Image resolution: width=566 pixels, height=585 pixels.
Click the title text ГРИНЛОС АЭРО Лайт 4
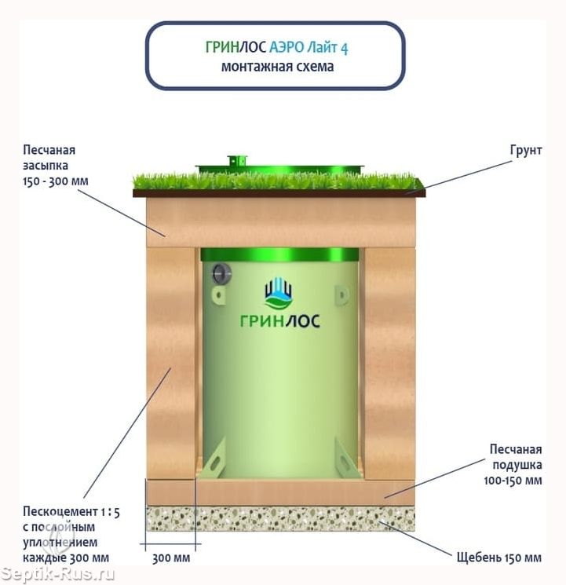coord(276,48)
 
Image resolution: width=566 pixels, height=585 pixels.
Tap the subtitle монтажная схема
coord(276,67)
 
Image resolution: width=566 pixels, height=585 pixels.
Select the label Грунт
coord(525,150)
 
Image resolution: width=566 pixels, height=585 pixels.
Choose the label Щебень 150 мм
coord(498,558)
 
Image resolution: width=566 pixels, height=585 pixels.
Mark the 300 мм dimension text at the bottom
coord(170,558)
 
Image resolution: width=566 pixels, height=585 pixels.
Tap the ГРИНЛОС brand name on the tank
coord(279,320)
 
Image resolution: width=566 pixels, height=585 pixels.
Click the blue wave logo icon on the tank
coord(279,294)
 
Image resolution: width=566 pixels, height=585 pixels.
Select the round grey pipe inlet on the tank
coord(221,272)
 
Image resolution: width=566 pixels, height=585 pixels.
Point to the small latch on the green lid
coord(233,160)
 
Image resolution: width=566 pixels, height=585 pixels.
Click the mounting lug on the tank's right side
coord(341,294)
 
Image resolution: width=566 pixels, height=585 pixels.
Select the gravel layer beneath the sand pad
coord(280,518)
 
